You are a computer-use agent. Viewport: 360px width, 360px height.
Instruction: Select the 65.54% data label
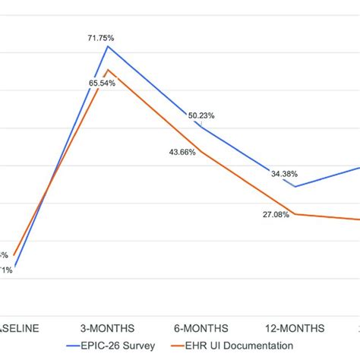click(102, 83)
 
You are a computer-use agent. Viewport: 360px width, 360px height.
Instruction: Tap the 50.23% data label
click(201, 115)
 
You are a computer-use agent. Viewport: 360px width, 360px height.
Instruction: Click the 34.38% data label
click(284, 174)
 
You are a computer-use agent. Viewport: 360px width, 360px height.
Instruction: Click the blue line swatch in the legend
click(77, 346)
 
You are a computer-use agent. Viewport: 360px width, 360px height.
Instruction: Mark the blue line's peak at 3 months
click(108, 46)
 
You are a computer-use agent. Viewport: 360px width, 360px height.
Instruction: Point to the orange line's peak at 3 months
click(108, 70)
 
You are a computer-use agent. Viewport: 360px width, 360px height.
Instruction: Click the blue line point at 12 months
click(295, 186)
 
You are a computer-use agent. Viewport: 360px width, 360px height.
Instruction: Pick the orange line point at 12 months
click(295, 214)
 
